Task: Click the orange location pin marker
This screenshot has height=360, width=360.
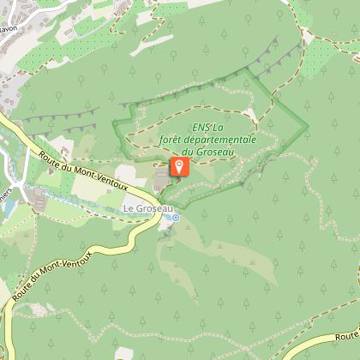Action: [178, 165]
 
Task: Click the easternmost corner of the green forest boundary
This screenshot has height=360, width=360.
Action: [308, 127]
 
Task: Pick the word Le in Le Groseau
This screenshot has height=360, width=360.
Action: [129, 207]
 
